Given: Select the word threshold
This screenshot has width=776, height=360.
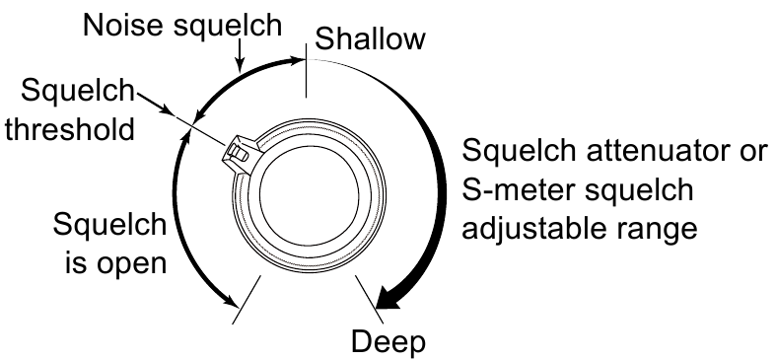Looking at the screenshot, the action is pyautogui.click(x=68, y=129).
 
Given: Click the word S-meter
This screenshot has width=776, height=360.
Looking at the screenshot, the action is pyautogui.click(x=526, y=190).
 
